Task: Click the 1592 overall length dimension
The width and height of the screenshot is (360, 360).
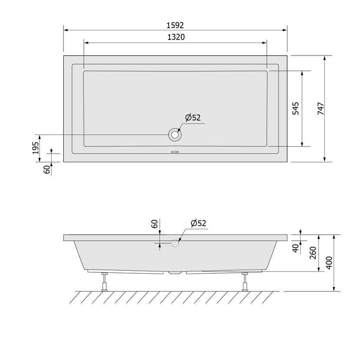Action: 175,25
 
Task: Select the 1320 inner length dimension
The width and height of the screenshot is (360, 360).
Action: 176,37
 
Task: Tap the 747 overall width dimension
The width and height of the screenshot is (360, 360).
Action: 321,108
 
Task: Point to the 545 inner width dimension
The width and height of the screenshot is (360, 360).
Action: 296,108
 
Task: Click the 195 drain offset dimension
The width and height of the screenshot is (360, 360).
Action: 36,148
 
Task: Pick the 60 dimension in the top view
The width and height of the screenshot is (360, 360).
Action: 46,170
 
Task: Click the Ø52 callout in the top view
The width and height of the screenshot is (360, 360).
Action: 193,118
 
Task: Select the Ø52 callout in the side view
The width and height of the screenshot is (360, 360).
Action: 198,223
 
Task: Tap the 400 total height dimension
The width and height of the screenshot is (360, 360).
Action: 329,263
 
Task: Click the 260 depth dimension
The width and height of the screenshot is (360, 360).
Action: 313,253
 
